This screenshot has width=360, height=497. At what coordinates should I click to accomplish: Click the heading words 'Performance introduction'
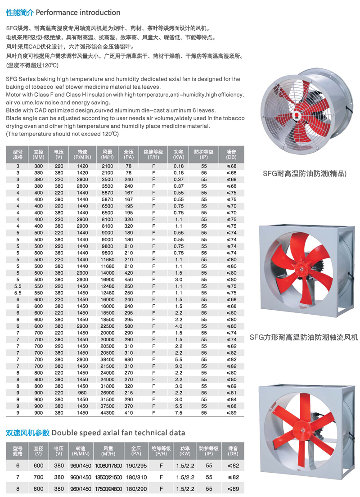(x=77, y=12)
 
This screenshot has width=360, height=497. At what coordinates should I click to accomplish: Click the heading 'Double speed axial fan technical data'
(x=118, y=433)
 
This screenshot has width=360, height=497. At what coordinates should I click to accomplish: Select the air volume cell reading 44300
(x=108, y=412)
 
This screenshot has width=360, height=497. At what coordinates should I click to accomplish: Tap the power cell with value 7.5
(x=179, y=412)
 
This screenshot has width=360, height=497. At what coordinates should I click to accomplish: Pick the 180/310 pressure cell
(x=135, y=477)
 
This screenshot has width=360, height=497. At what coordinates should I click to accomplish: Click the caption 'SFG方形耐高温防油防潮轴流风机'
(x=304, y=337)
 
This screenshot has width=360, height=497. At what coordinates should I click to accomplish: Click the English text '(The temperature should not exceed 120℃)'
(x=63, y=134)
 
